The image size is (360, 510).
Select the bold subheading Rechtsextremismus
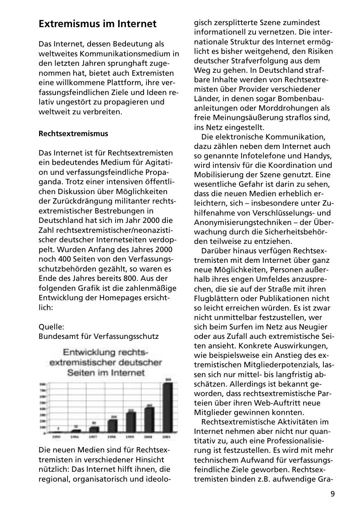(73, 134)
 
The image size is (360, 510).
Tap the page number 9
(332, 494)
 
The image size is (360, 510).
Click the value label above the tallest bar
(167, 379)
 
